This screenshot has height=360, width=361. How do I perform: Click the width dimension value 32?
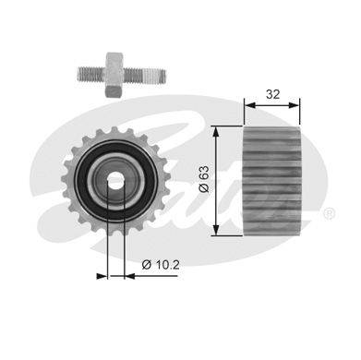(272, 94)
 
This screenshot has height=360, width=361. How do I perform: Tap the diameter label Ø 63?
(204, 179)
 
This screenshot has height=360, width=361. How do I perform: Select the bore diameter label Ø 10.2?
(161, 265)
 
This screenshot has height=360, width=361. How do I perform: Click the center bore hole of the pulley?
(115, 181)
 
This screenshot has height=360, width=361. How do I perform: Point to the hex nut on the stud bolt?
(114, 75)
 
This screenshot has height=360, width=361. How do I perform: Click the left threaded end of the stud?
(91, 75)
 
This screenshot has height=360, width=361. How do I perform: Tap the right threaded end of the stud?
(145, 77)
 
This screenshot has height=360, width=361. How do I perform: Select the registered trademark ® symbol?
(329, 214)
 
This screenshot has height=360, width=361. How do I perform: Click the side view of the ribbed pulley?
(272, 181)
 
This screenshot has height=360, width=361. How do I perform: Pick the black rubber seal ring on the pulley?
(115, 181)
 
